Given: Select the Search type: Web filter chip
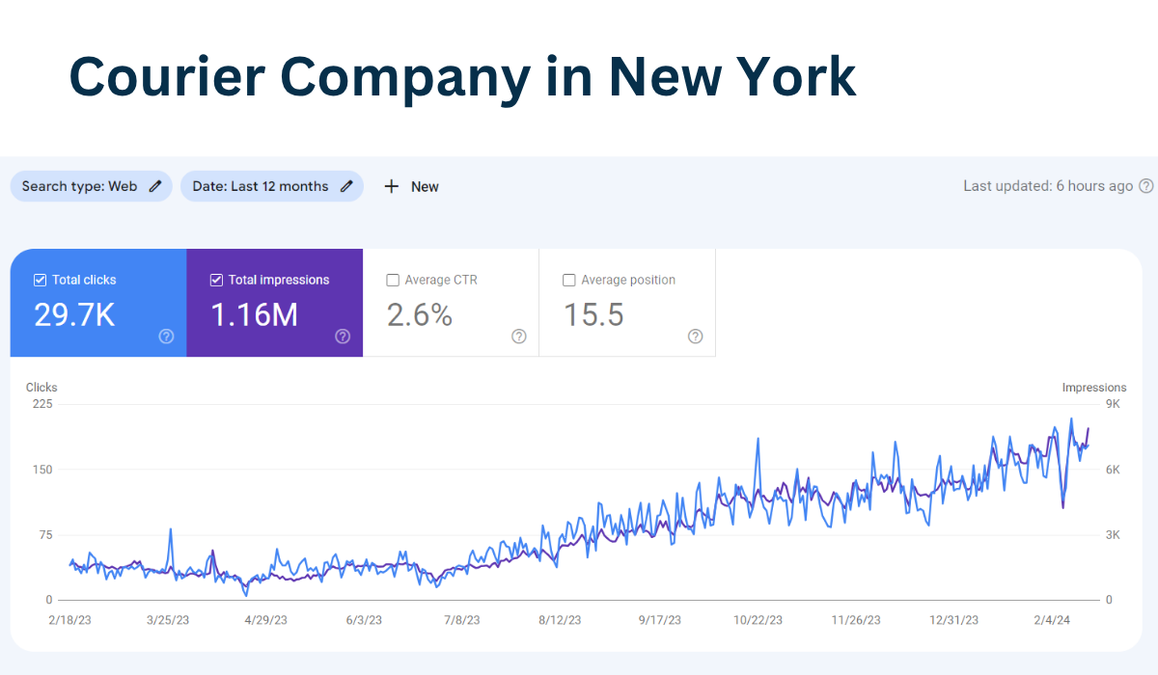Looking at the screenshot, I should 91,186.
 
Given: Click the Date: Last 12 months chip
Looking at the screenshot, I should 271,186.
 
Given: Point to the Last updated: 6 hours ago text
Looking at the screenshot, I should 1048,186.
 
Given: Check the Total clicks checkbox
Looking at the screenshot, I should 40,280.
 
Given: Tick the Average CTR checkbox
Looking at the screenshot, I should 393,280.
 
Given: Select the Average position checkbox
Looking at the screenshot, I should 569,280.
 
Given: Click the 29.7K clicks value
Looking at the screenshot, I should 74,315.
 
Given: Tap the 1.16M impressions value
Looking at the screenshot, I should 254,315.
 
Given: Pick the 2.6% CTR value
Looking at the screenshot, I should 420,315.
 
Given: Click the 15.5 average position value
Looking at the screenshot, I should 593,315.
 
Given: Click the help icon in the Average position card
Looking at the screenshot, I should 696,337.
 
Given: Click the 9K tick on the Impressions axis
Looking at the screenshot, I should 1112,403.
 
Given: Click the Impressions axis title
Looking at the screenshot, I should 1093,388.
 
